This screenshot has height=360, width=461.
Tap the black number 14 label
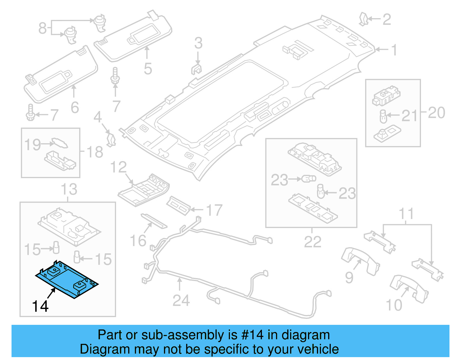[40, 306]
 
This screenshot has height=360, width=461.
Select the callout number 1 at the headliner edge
[394, 50]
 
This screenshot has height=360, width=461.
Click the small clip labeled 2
[363, 19]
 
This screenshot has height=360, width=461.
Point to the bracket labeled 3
[197, 69]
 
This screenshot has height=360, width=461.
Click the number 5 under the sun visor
[148, 69]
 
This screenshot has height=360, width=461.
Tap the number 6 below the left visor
[75, 108]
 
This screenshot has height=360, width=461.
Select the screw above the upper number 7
[115, 76]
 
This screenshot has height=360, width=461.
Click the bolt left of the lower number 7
[30, 113]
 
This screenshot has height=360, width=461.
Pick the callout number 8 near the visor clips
[42, 28]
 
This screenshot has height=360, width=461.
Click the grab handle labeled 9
[360, 261]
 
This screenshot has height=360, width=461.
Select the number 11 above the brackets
[406, 214]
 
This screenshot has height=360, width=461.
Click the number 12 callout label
[118, 167]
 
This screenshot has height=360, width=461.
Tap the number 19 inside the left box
[32, 145]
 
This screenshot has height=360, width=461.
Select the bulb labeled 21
[383, 116]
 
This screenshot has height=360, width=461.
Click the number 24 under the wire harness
[181, 301]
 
